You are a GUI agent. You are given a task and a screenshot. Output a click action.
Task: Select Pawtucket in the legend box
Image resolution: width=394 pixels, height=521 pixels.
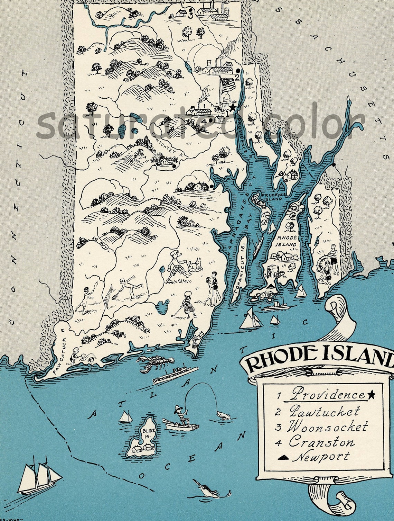[324, 411]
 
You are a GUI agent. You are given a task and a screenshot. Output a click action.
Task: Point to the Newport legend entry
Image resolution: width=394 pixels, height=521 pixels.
[321, 457]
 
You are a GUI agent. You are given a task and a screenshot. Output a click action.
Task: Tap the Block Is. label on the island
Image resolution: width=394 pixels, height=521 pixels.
[147, 433]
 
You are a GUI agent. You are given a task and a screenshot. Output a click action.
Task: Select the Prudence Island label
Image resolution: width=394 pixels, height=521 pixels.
[272, 197]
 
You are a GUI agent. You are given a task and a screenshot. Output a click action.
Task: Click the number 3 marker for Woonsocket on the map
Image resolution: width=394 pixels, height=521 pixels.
[191, 15]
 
